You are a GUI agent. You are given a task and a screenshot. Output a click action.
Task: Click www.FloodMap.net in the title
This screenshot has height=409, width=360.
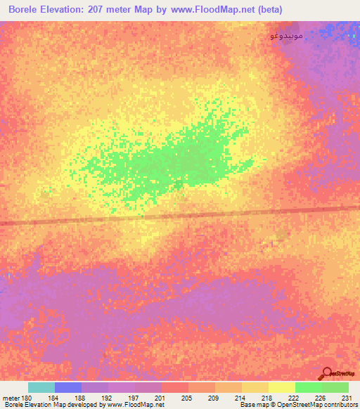point(216,9)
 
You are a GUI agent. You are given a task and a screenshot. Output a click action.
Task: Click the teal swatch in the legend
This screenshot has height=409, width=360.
point(41,387)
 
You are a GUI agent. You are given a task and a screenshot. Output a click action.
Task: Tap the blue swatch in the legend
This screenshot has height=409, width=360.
point(68,387)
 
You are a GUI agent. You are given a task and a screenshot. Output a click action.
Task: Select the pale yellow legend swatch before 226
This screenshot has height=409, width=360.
point(282,387)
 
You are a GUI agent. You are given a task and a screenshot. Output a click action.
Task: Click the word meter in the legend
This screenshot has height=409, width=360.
point(10,398)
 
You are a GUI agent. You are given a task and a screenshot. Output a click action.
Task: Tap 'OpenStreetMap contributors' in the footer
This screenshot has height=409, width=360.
point(320,405)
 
